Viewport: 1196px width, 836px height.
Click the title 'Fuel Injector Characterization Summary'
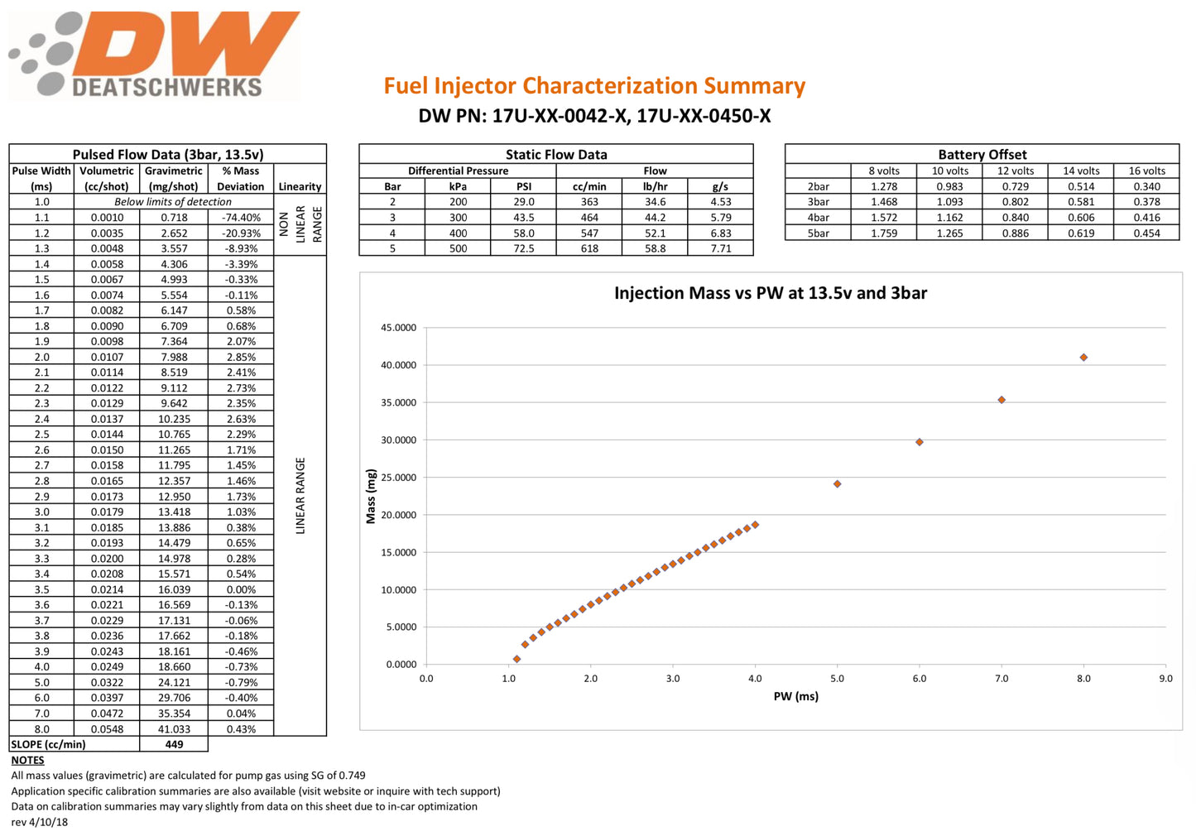point(593,86)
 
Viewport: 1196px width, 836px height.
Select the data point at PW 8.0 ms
point(1083,358)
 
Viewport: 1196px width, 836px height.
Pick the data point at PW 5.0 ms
point(838,484)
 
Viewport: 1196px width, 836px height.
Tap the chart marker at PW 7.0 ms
point(1001,400)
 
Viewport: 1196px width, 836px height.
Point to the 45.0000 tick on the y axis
point(398,328)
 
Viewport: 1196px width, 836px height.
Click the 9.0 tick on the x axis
point(1165,679)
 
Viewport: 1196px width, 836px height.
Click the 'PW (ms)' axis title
point(795,697)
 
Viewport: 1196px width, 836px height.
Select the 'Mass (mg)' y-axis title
point(371,497)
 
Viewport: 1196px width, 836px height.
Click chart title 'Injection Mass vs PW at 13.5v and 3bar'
point(770,293)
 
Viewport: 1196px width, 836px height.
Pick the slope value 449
point(174,745)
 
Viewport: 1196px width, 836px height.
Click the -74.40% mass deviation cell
point(241,218)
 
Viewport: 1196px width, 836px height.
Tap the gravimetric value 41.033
point(174,729)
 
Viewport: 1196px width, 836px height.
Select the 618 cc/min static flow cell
point(589,248)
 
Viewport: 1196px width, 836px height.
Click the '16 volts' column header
point(1146,171)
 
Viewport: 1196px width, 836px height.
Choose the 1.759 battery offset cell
point(884,233)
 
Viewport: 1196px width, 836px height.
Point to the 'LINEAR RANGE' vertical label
point(300,495)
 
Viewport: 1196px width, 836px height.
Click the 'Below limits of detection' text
point(173,202)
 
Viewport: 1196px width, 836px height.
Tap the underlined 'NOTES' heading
point(27,761)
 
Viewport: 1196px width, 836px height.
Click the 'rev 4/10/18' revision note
point(40,822)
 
